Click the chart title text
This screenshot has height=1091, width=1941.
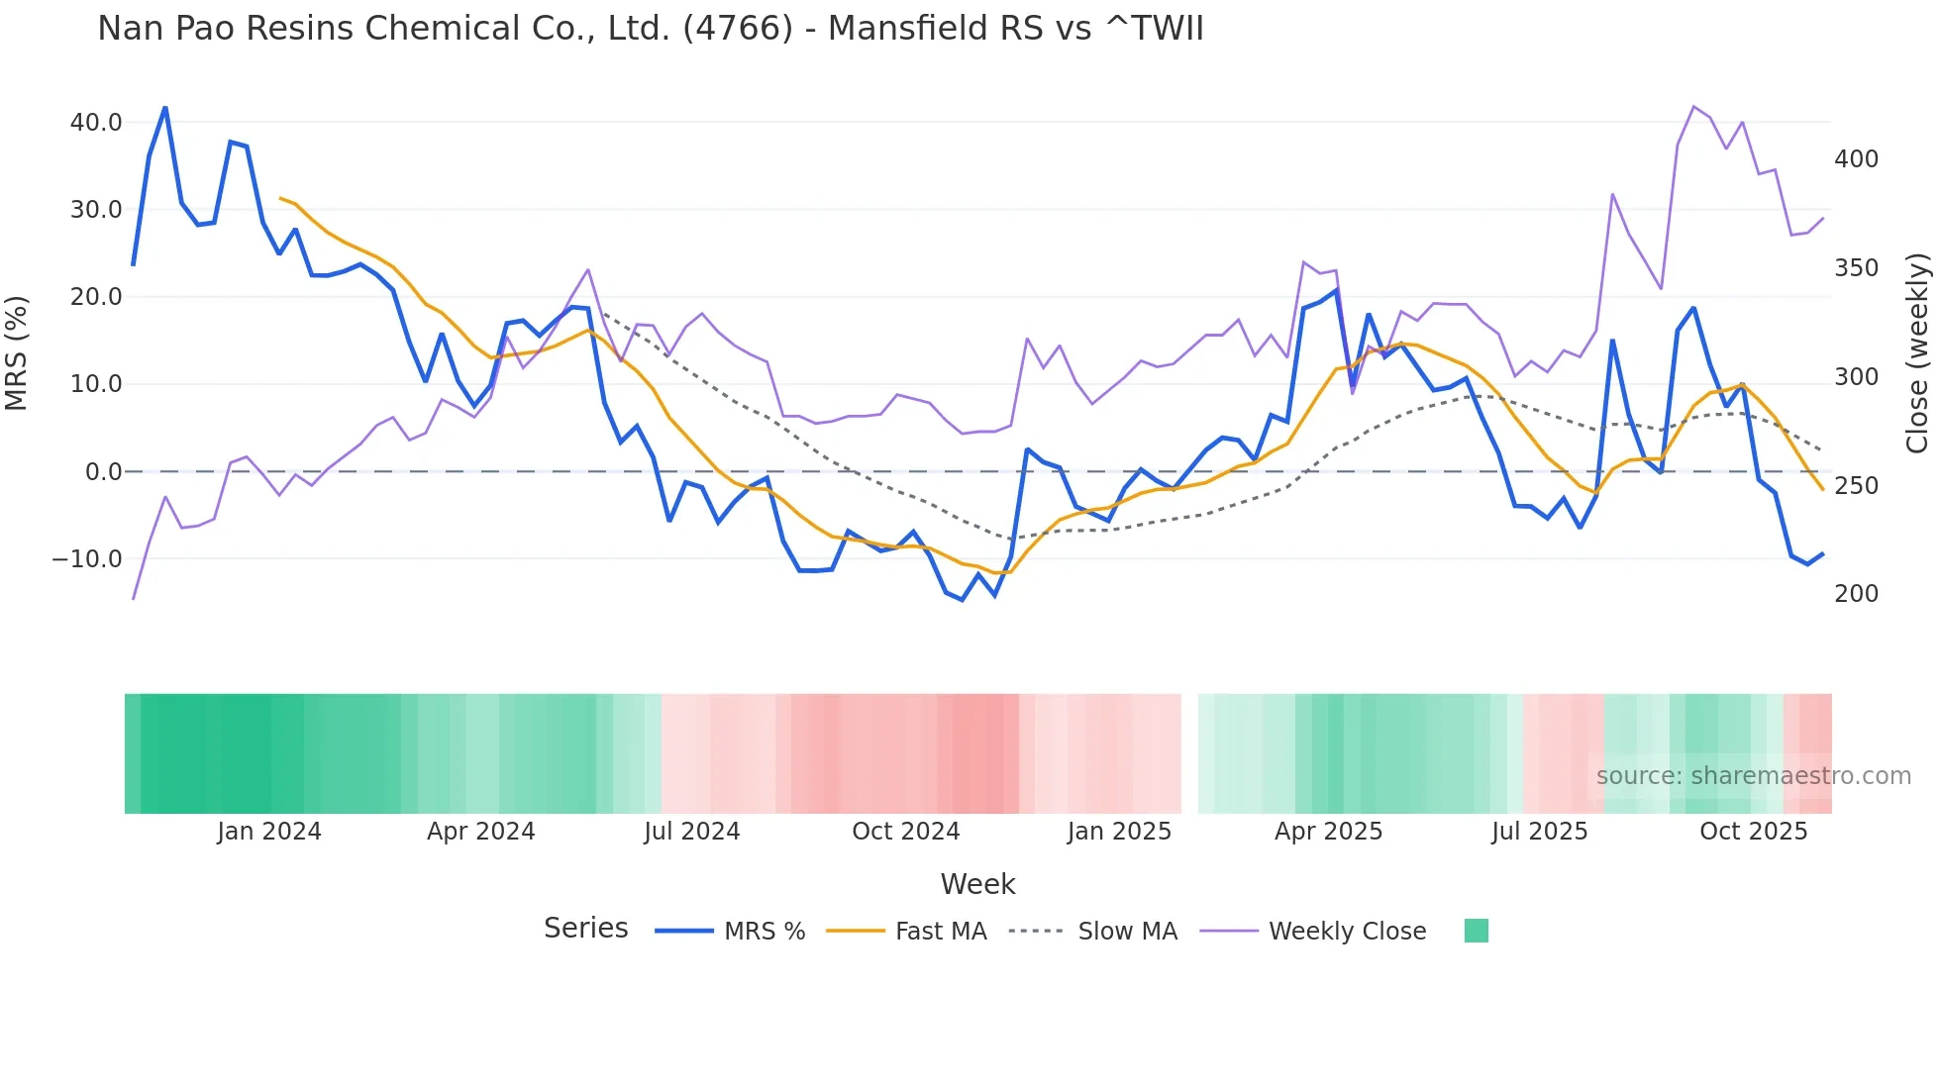click(x=650, y=29)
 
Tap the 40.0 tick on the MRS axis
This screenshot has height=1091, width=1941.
click(x=96, y=123)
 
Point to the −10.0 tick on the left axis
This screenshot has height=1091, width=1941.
click(x=87, y=559)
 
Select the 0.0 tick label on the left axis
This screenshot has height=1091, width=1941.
click(x=103, y=472)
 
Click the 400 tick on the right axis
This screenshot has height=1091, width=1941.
click(x=1856, y=159)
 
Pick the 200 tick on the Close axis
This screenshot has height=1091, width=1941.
click(x=1856, y=594)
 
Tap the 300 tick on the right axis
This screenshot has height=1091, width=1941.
click(x=1856, y=377)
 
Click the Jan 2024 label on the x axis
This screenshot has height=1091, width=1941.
click(x=269, y=832)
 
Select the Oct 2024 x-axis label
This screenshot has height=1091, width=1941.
click(x=905, y=832)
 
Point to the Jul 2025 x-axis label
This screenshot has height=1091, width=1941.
click(x=1539, y=832)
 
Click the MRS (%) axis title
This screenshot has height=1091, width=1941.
click(x=17, y=352)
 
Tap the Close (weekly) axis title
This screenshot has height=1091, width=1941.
click(x=1917, y=352)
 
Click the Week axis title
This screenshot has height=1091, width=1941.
click(x=977, y=884)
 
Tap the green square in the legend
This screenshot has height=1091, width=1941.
click(x=1476, y=931)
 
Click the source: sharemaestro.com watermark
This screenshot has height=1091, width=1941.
click(x=1753, y=776)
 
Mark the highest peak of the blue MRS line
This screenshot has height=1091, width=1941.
click(x=165, y=107)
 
